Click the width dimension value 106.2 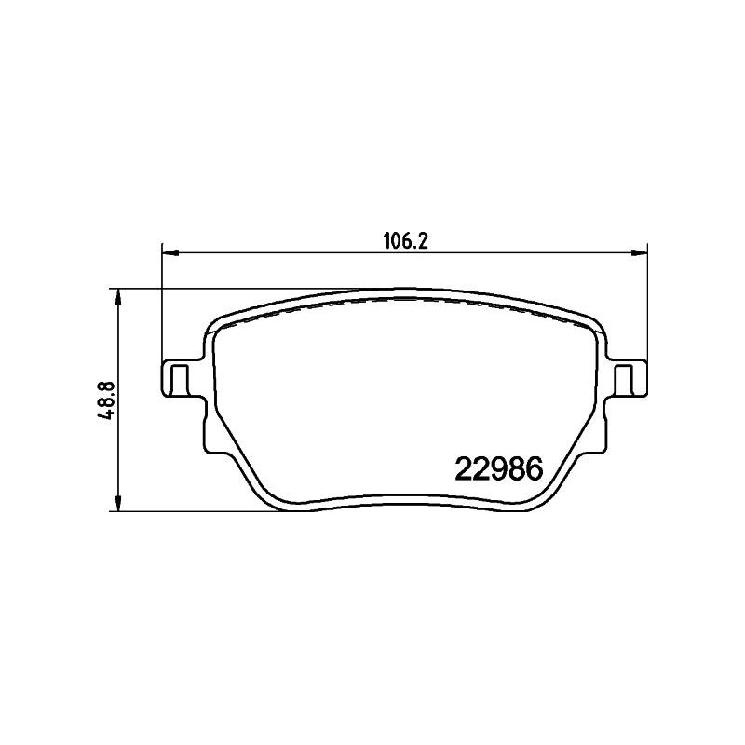(x=406, y=242)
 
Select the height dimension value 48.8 (x=105, y=401)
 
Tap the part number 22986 (x=499, y=468)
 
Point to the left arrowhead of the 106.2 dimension (x=169, y=253)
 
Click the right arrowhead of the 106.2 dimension (x=640, y=253)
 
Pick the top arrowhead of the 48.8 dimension (x=118, y=297)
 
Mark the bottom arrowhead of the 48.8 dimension (x=118, y=502)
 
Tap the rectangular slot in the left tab (x=179, y=380)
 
